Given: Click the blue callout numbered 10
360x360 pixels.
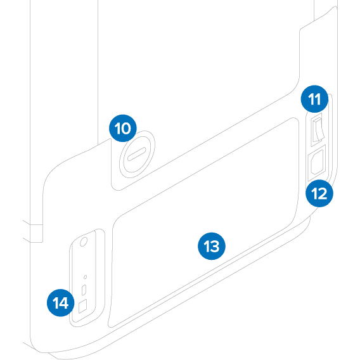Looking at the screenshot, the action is click(x=123, y=128).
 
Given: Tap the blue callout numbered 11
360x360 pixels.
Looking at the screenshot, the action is click(x=314, y=99).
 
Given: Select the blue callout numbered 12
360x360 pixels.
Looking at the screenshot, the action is click(x=319, y=193).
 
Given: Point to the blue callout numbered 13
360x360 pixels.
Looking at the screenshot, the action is click(x=212, y=246).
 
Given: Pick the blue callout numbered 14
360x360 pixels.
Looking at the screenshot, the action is click(x=61, y=303).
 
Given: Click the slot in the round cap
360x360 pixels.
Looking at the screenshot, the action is click(x=137, y=154).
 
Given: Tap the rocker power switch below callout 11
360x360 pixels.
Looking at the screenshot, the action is click(x=318, y=129).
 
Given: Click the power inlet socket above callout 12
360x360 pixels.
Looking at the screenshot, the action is click(x=318, y=162).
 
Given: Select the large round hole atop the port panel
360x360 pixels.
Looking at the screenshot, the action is click(x=84, y=242).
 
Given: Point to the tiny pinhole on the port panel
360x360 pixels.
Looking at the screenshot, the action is click(x=85, y=277).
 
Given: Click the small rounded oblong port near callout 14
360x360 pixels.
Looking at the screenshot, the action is click(x=84, y=290).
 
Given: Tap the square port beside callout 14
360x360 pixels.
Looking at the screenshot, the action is click(x=82, y=306).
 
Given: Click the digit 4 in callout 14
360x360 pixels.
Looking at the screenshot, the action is click(x=63, y=303).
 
